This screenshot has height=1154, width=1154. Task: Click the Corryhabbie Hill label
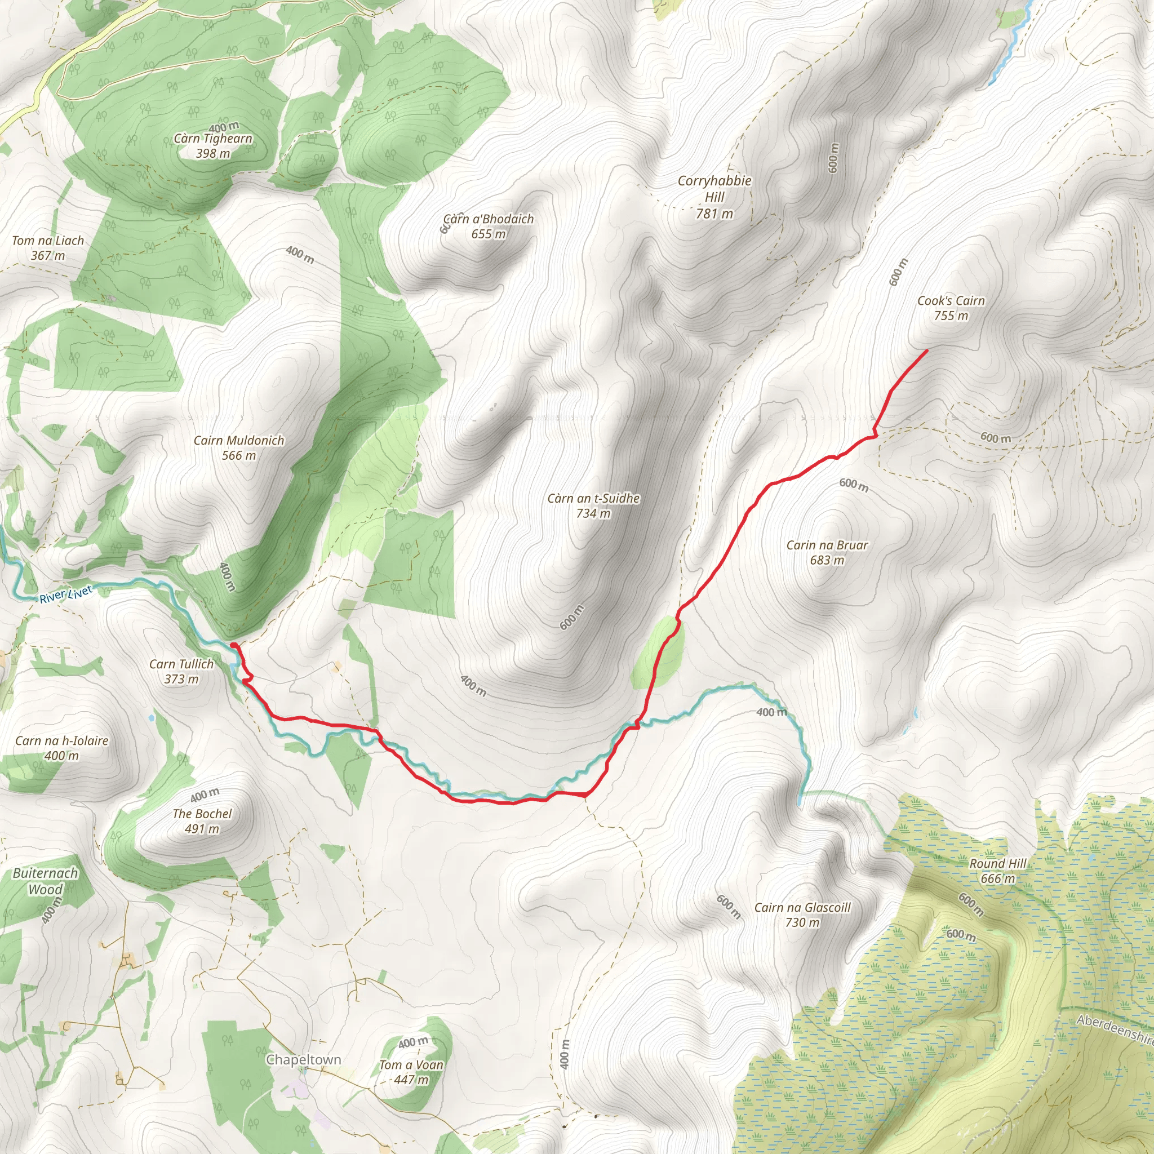(714, 197)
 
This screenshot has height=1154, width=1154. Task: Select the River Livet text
(66, 594)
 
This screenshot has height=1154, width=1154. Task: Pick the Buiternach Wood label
(46, 881)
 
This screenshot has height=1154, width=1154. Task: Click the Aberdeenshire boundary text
(1115, 1029)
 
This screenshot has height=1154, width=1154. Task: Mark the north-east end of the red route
(926, 350)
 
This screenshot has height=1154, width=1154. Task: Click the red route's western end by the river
(232, 645)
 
